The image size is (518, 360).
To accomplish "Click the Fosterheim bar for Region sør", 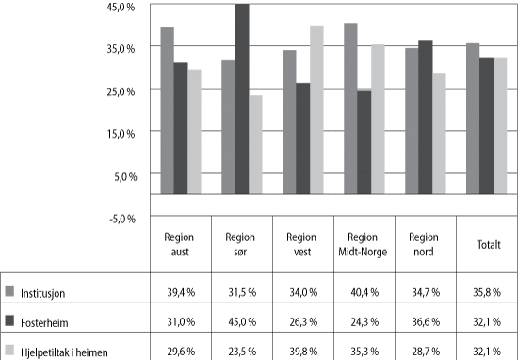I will pos(242,99).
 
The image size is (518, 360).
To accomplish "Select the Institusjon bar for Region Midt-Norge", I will pos(350,108).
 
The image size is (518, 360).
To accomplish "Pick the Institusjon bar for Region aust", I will pos(167,110).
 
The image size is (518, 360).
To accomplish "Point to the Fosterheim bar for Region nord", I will pos(425,117).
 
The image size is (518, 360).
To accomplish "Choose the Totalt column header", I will pos(486,244).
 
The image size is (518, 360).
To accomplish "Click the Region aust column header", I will pos(180,243).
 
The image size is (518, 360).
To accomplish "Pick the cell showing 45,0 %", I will pos(241,321).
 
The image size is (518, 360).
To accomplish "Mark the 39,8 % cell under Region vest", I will pos(302,352).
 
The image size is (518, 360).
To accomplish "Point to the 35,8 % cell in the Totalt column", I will pos(486,292).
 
